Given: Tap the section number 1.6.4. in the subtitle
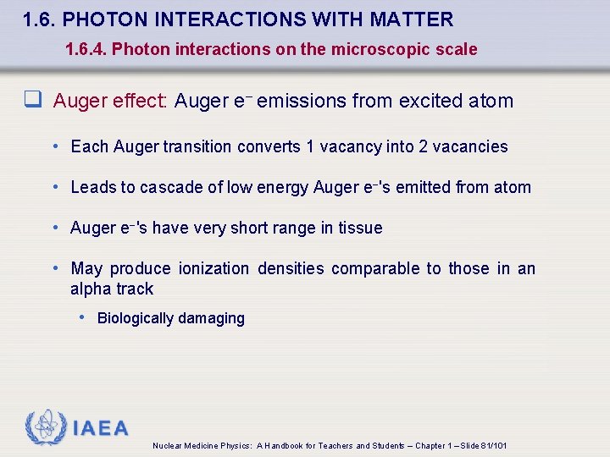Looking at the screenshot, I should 86,49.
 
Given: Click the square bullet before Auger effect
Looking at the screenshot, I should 33,101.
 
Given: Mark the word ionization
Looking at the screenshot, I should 213,268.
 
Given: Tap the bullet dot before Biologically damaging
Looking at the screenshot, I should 82,317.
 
